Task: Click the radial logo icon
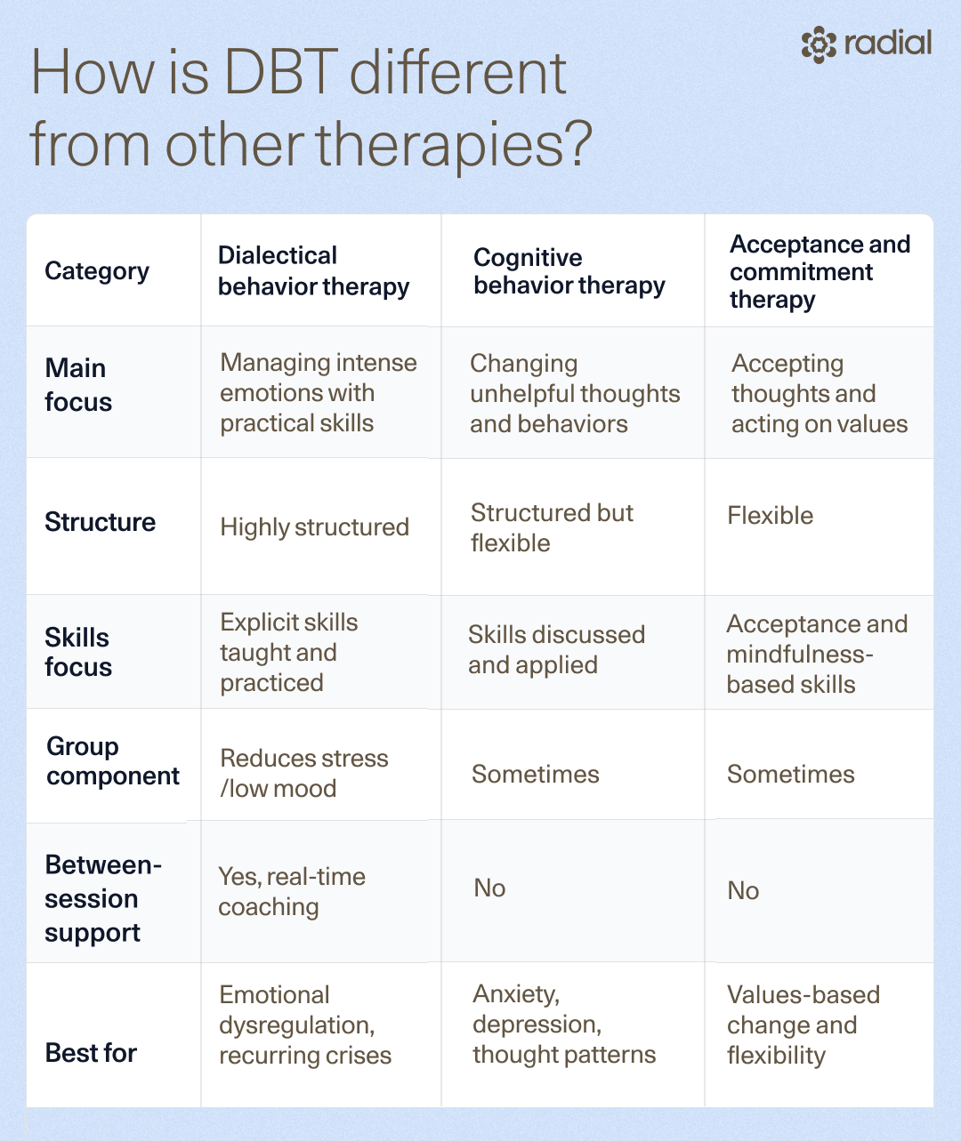(819, 44)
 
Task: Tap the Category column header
(97, 271)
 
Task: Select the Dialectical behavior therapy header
(313, 271)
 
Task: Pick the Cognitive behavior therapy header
(569, 271)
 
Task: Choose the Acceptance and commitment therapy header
(819, 271)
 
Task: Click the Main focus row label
(78, 385)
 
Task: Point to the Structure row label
(100, 522)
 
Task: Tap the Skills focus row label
(78, 652)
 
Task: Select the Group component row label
(113, 761)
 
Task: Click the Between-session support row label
(102, 898)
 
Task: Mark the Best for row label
(91, 1053)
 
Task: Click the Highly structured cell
(314, 527)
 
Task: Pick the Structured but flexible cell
(552, 527)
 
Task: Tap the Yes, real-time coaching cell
(292, 891)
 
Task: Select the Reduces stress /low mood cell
(304, 773)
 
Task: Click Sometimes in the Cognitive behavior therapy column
(536, 775)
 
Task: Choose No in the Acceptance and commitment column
(743, 891)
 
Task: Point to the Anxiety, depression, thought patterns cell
(563, 1024)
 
